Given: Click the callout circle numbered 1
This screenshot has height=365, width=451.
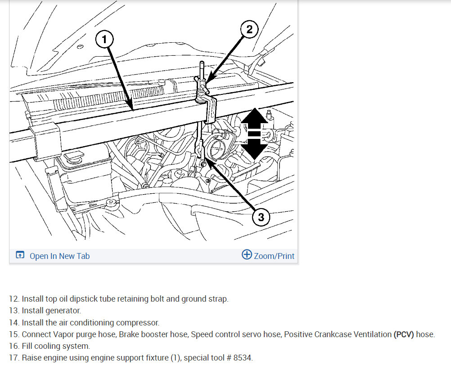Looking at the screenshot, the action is [104, 39].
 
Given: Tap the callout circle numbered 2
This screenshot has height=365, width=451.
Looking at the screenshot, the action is [249, 29].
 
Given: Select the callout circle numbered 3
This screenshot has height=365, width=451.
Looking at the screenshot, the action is [261, 217].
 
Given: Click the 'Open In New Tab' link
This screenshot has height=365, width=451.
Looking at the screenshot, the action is [59, 256].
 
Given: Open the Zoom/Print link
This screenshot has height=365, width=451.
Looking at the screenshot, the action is [274, 256].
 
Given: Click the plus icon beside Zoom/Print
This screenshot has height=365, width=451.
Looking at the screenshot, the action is [247, 254].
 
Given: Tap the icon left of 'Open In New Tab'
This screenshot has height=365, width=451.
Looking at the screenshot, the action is [20, 255].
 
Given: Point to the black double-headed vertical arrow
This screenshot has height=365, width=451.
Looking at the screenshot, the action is [254, 134].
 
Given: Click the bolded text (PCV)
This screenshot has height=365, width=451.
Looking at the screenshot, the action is [404, 334].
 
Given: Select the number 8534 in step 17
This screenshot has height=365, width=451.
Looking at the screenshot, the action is [243, 358].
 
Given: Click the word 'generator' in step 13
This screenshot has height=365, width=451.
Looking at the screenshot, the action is [66, 311].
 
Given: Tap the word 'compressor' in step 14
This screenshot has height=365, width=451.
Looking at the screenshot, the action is [137, 323].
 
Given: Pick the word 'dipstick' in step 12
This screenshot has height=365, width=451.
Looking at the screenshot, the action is [83, 299].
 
